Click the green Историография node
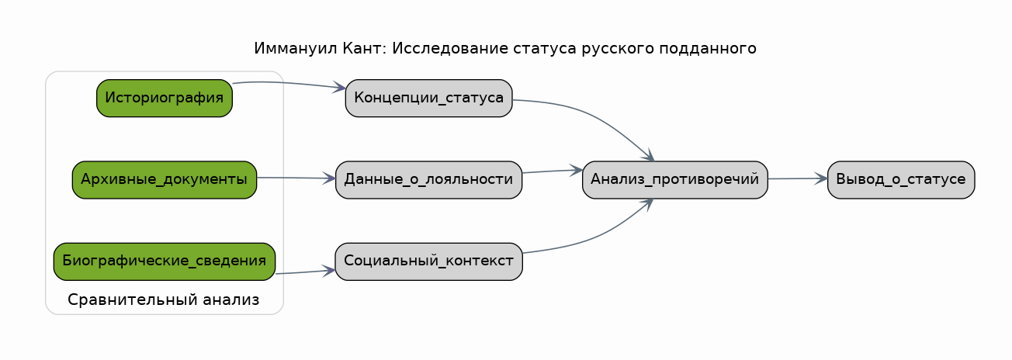pos(165,98)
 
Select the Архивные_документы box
pos(165,180)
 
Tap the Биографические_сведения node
pos(165,261)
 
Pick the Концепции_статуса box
pos(428,98)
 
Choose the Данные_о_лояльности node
pos(428,180)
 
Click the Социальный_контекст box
pos(428,261)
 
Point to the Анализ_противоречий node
pos(675,180)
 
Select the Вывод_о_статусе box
pos(901,180)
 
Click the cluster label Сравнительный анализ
pos(164,299)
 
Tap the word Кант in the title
pos(364,48)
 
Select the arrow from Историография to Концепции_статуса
pos(289,84)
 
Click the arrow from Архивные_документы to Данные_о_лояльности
pos(296,178)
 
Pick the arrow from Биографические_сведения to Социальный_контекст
pos(306,272)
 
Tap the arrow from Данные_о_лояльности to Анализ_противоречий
pos(552,171)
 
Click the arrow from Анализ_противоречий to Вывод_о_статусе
pos(797,178)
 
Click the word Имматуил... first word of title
pos(296,48)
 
